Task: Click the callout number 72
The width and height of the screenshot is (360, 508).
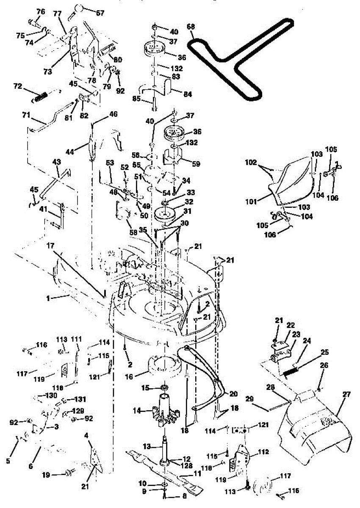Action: click(x=17, y=86)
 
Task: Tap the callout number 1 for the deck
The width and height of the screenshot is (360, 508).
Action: click(x=49, y=298)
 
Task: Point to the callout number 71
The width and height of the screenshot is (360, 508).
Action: click(x=27, y=115)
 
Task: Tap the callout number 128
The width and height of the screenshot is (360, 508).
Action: click(x=188, y=465)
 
